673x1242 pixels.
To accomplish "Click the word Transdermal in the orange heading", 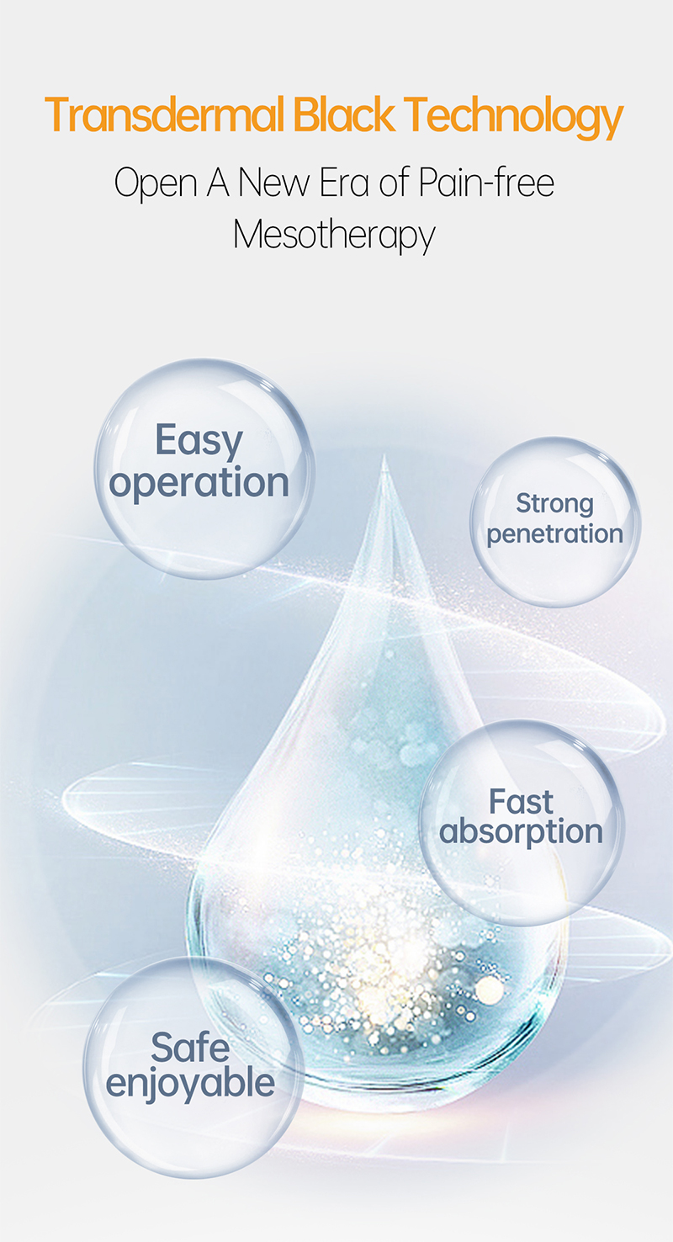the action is (x=165, y=114).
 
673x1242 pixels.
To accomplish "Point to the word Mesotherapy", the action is (x=334, y=235).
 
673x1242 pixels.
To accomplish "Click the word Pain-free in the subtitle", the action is (x=486, y=182).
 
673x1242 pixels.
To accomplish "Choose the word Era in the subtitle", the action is (x=345, y=183).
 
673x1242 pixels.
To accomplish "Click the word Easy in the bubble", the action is (x=199, y=442).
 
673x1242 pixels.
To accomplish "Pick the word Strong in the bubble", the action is (x=554, y=504).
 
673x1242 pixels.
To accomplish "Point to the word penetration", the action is (x=555, y=534).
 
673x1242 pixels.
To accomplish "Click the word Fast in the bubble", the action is (x=521, y=802).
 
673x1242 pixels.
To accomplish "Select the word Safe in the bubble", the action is (x=190, y=1048).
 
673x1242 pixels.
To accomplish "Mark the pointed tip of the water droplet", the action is (x=384, y=457).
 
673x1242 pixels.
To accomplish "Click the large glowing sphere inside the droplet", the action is (x=490, y=990).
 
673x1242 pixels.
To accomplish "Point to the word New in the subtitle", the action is (x=273, y=183).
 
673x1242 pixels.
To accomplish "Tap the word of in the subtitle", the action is (x=395, y=182).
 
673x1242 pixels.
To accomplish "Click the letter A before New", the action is (x=218, y=183).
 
